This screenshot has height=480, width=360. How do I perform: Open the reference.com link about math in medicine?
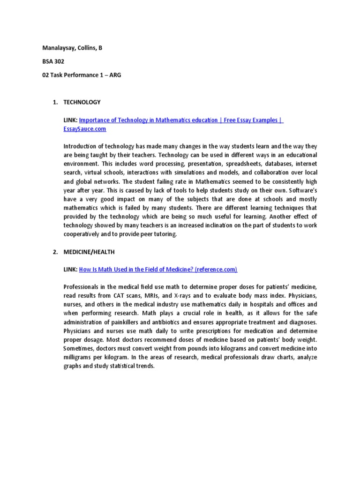click(158, 269)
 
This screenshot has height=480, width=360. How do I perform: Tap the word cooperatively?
click(82, 234)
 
